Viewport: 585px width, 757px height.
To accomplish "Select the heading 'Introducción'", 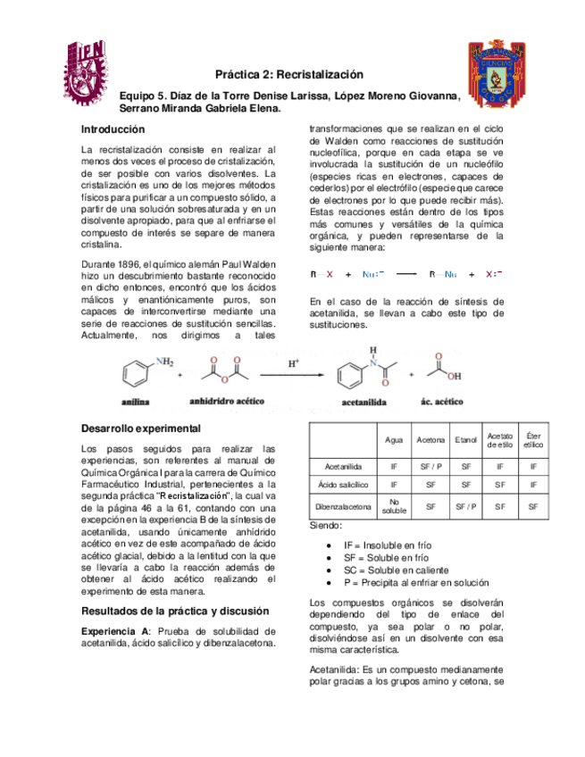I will click(x=113, y=129).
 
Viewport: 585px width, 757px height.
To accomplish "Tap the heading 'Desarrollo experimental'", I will click(x=140, y=428).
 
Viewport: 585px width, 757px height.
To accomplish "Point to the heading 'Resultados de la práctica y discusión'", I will click(x=174, y=611).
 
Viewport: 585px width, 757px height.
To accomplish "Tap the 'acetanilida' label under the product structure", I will click(x=364, y=403).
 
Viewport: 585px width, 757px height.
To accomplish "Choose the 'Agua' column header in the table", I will click(x=393, y=440).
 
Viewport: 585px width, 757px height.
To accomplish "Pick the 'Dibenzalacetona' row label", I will click(x=343, y=506).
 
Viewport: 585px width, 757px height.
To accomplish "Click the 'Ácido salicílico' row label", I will click(x=343, y=485).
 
